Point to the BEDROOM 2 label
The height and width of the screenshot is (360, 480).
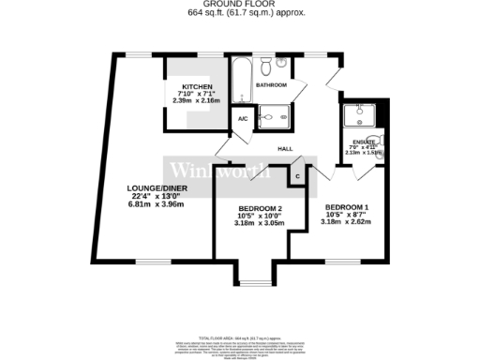pyautogui.click(x=260, y=207)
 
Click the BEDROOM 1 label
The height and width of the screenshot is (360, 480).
pyautogui.click(x=346, y=206)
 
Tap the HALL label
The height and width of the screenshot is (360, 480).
pyautogui.click(x=286, y=148)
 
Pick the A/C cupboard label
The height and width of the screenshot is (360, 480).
pyautogui.click(x=242, y=119)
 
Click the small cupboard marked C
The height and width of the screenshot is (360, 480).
pyautogui.click(x=297, y=175)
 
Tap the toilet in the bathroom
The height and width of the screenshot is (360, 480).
pyautogui.click(x=267, y=66)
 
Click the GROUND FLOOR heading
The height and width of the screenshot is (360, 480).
pyautogui.click(x=240, y=5)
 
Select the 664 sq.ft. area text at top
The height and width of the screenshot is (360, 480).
pyautogui.click(x=240, y=13)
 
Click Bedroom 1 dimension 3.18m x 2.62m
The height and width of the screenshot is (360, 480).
pyautogui.click(x=346, y=222)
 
